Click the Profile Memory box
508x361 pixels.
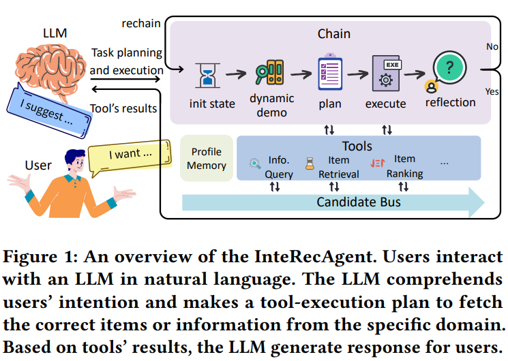pyautogui.click(x=206, y=158)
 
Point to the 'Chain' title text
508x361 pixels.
pyautogui.click(x=333, y=33)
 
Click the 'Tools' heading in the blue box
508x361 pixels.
pyautogui.click(x=357, y=146)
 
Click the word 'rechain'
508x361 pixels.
pyautogui.click(x=141, y=24)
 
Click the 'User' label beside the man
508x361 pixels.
pyautogui.click(x=38, y=166)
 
